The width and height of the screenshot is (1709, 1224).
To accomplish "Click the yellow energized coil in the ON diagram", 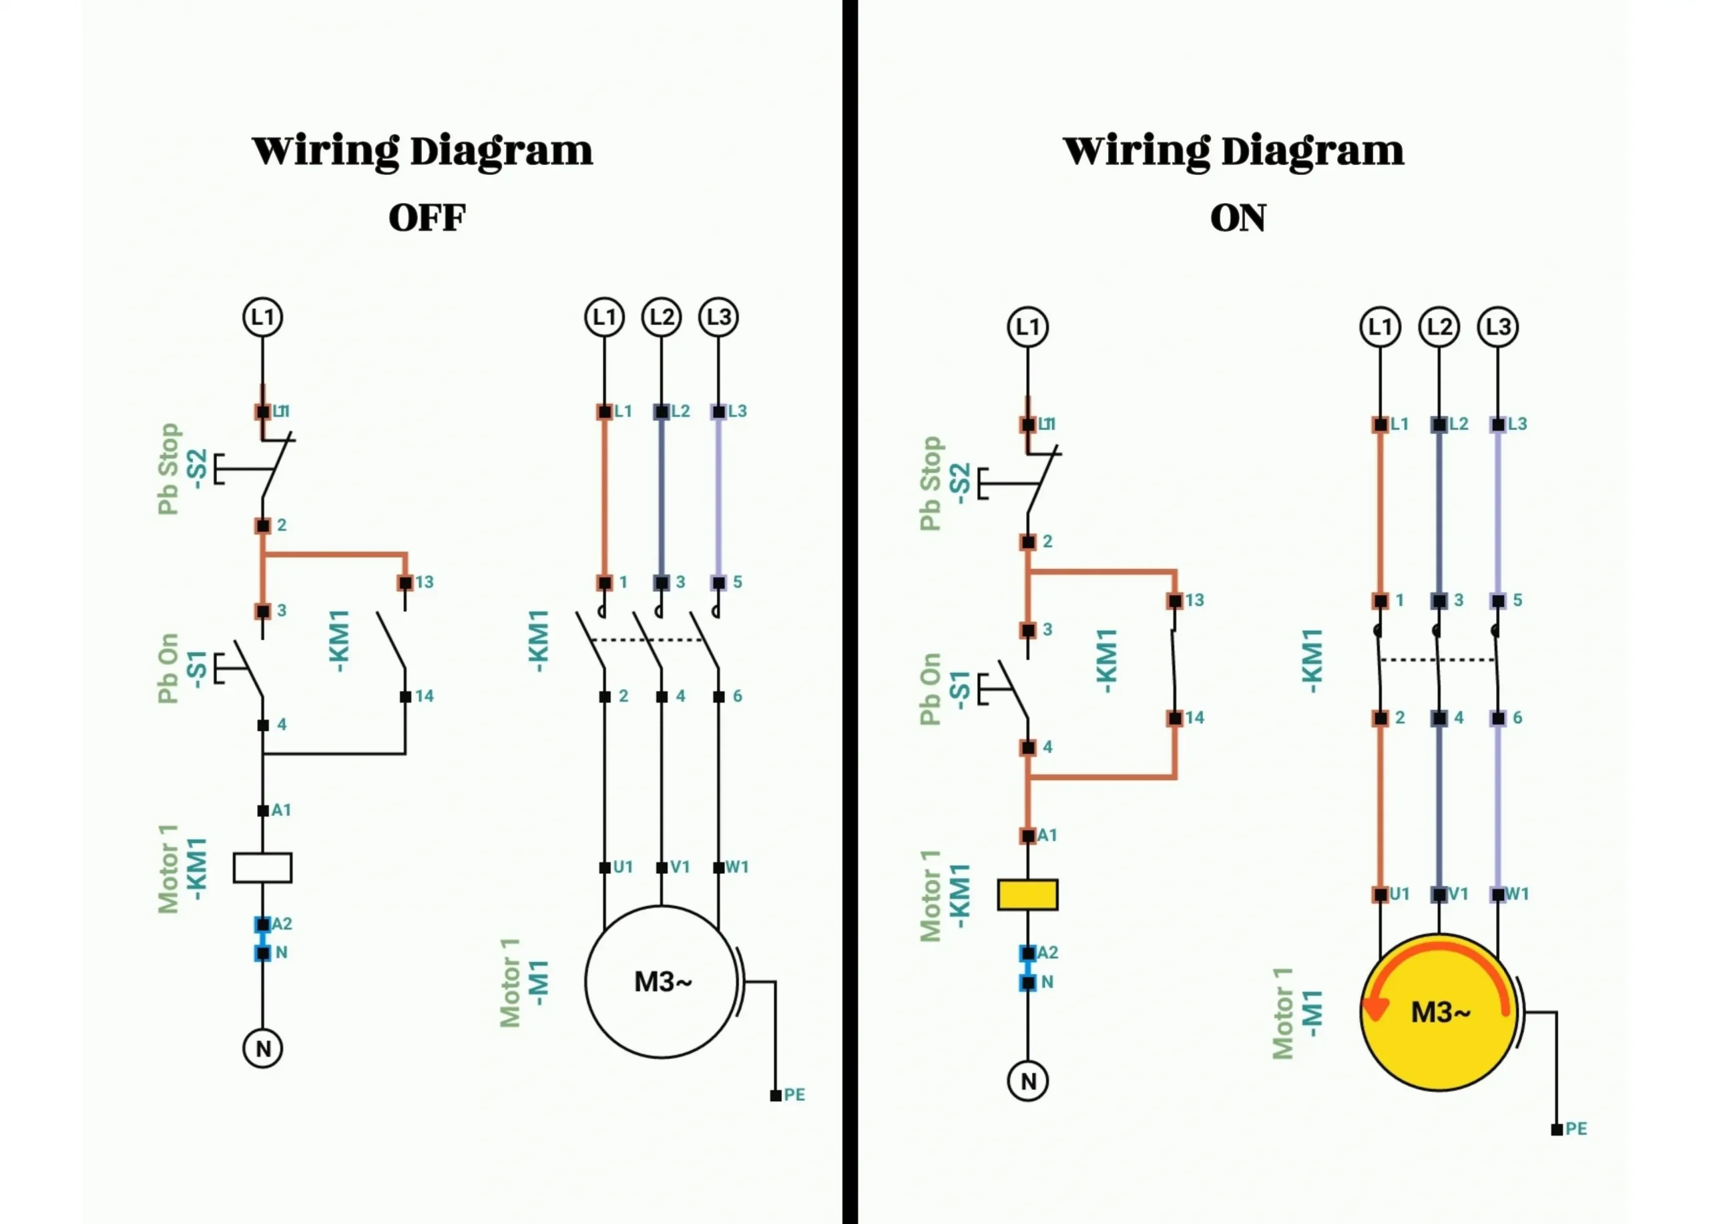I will pos(1027,895).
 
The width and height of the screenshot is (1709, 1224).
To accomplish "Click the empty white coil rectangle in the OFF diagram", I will pos(262,867).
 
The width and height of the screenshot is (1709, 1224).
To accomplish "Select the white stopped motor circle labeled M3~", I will pos(661,982).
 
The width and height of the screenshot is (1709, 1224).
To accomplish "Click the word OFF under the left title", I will pos(427,218).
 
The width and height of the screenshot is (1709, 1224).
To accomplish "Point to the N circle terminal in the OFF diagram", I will pos(262,1048).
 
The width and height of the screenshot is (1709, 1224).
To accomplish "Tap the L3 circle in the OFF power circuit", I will pos(718,317).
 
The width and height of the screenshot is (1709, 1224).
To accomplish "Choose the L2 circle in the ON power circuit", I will pos(1439,327).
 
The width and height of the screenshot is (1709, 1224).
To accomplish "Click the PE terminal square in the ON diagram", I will pos(1556,1130).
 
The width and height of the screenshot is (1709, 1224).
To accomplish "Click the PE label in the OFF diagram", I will pos(794,1094).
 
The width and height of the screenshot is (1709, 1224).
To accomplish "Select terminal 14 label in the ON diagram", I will pos(1194,718).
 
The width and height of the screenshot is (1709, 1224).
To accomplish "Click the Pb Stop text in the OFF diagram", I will pos(169,469).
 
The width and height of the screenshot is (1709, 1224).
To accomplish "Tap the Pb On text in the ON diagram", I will pos(931,689).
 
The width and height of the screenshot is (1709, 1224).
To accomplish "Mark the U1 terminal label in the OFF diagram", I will pos(622,867).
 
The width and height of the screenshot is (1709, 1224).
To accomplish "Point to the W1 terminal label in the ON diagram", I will pos(1517,894).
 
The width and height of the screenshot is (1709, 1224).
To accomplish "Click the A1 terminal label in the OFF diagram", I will pos(281,810).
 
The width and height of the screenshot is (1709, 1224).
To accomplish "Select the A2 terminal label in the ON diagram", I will pos(1047,953).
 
